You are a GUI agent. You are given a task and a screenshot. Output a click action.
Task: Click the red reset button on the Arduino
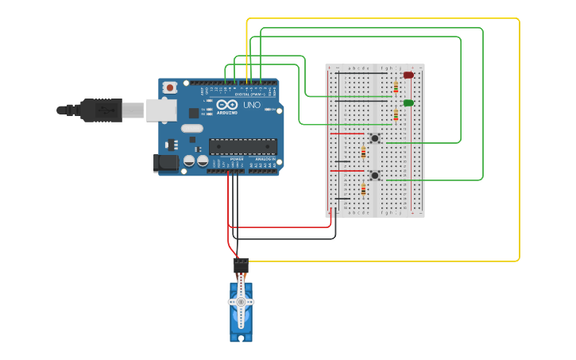[169, 87]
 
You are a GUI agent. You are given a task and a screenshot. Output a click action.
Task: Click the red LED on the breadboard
[408, 75]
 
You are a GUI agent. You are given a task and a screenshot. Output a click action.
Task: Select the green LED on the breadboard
[408, 103]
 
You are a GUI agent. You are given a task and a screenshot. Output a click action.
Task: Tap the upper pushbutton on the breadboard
[374, 138]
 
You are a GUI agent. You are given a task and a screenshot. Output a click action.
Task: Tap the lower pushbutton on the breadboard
[374, 175]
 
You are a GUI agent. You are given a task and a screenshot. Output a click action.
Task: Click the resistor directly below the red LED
[396, 87]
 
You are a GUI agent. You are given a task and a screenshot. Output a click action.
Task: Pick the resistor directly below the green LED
[396, 114]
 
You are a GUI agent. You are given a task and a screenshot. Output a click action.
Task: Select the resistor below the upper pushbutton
[364, 153]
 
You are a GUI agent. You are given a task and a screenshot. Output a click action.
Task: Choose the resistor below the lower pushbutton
[364, 189]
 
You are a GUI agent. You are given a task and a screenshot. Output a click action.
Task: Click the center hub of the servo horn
[241, 302]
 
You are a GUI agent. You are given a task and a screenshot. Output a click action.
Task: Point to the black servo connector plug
[240, 264]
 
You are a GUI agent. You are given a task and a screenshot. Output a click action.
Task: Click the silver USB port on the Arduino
[161, 110]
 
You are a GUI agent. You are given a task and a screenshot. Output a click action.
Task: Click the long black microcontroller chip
[243, 146]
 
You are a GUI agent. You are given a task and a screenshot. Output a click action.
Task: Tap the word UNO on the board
[251, 105]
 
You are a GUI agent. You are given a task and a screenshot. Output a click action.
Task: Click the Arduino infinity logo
[227, 105]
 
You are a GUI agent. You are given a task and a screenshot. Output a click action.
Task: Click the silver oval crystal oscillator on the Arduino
[192, 128]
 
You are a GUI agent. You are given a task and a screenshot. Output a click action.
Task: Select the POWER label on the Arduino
[237, 160]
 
